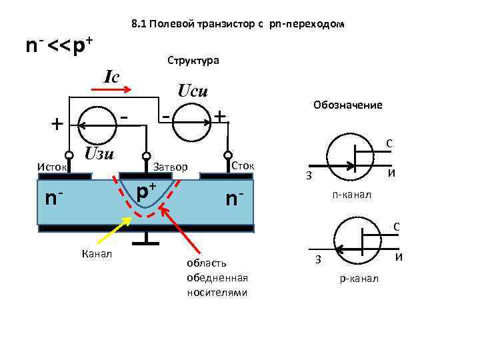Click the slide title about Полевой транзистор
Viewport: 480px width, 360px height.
pos(239,25)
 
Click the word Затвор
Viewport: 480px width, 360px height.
pos(171,166)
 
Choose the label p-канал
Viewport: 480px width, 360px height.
pos(359,277)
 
